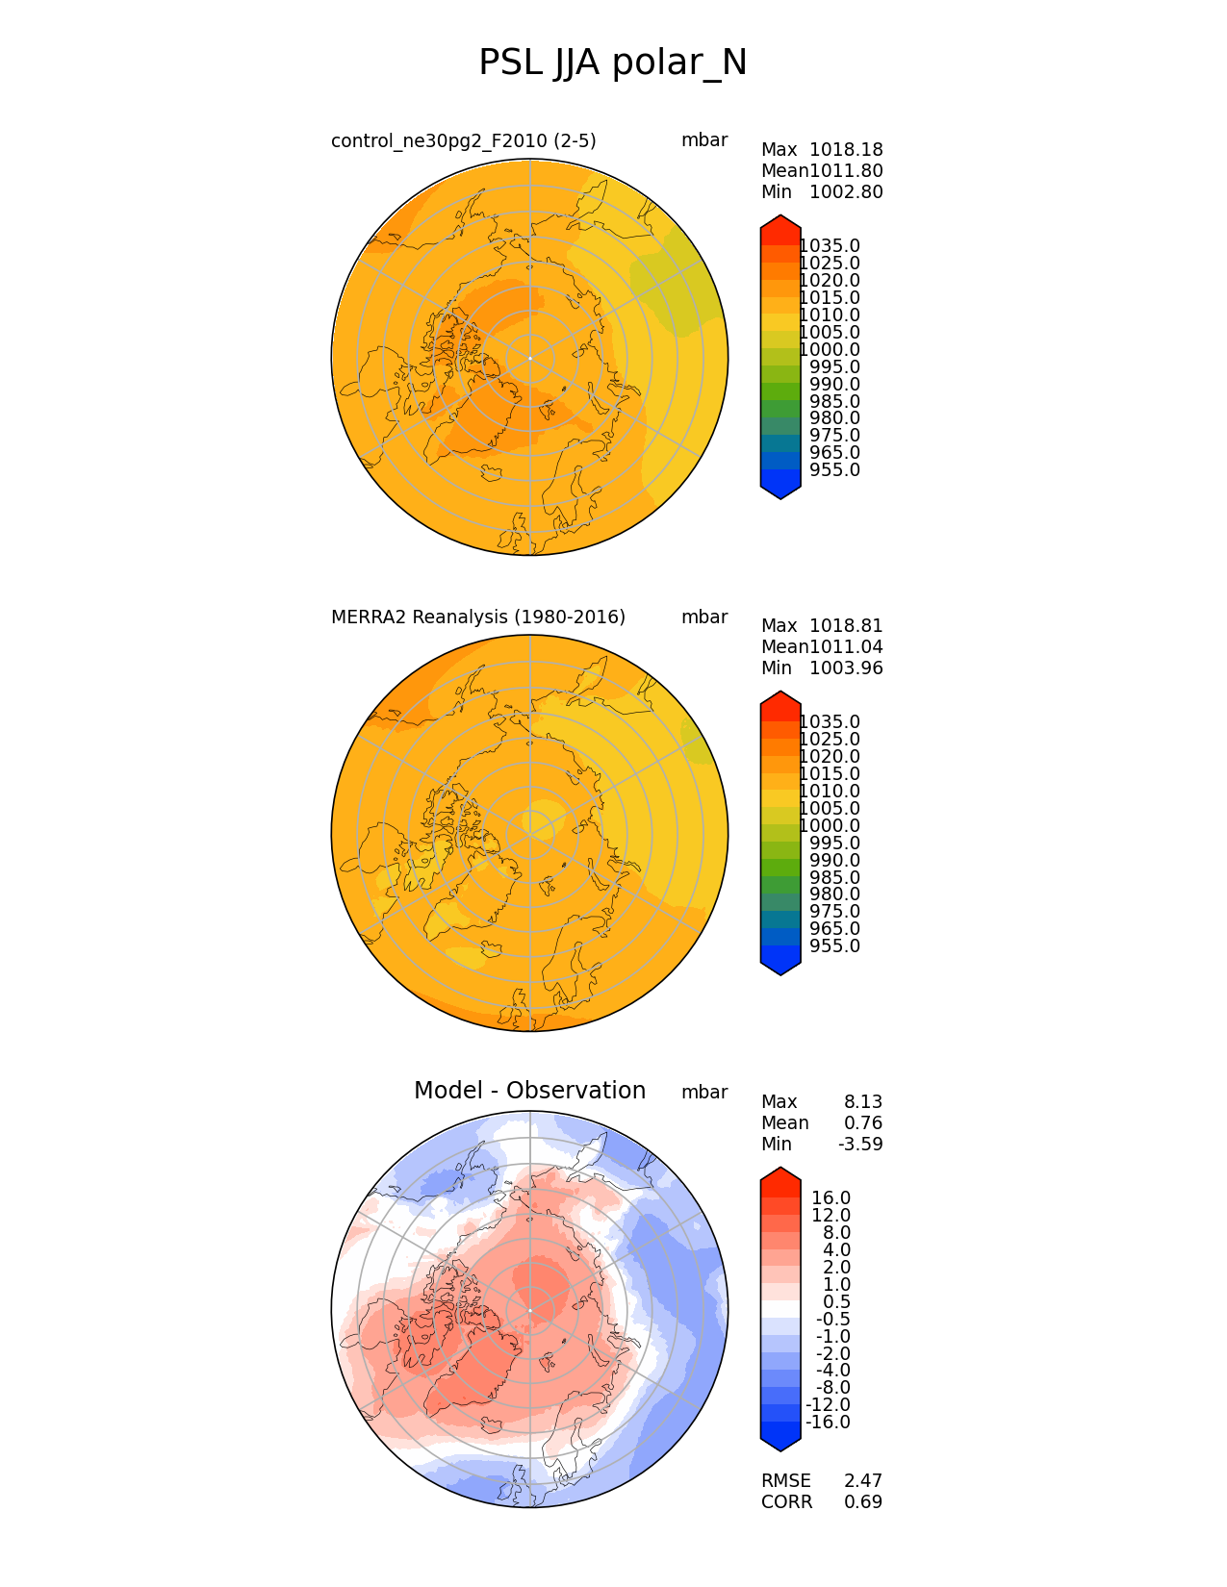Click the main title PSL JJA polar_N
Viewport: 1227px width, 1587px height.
tap(612, 63)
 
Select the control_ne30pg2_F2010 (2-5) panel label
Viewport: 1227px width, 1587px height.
tap(463, 141)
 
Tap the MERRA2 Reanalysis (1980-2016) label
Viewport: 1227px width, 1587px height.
tap(477, 617)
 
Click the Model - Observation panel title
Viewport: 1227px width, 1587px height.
tap(529, 1091)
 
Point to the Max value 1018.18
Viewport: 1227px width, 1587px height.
tap(846, 150)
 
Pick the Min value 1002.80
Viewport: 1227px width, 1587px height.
tap(846, 192)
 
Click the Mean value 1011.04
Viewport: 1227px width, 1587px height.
tap(846, 647)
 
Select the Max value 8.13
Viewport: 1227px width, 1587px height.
tap(863, 1102)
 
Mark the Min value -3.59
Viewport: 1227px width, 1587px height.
tap(860, 1145)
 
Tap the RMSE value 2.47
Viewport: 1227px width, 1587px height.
tap(863, 1481)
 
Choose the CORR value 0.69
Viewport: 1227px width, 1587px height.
tap(863, 1502)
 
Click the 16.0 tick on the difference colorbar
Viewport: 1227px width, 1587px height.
tap(831, 1198)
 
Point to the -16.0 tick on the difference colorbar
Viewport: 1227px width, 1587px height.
tap(828, 1423)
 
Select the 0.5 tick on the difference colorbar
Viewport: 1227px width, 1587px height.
tap(836, 1302)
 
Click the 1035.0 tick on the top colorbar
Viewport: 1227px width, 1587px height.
tap(830, 246)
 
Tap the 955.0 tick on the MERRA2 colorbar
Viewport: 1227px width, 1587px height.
tap(834, 946)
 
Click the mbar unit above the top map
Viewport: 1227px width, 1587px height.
tap(704, 140)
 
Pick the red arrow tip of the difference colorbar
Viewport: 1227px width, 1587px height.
tap(780, 1175)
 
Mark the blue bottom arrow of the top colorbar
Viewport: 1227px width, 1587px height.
tap(780, 490)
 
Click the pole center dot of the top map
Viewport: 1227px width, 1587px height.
tap(530, 358)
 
